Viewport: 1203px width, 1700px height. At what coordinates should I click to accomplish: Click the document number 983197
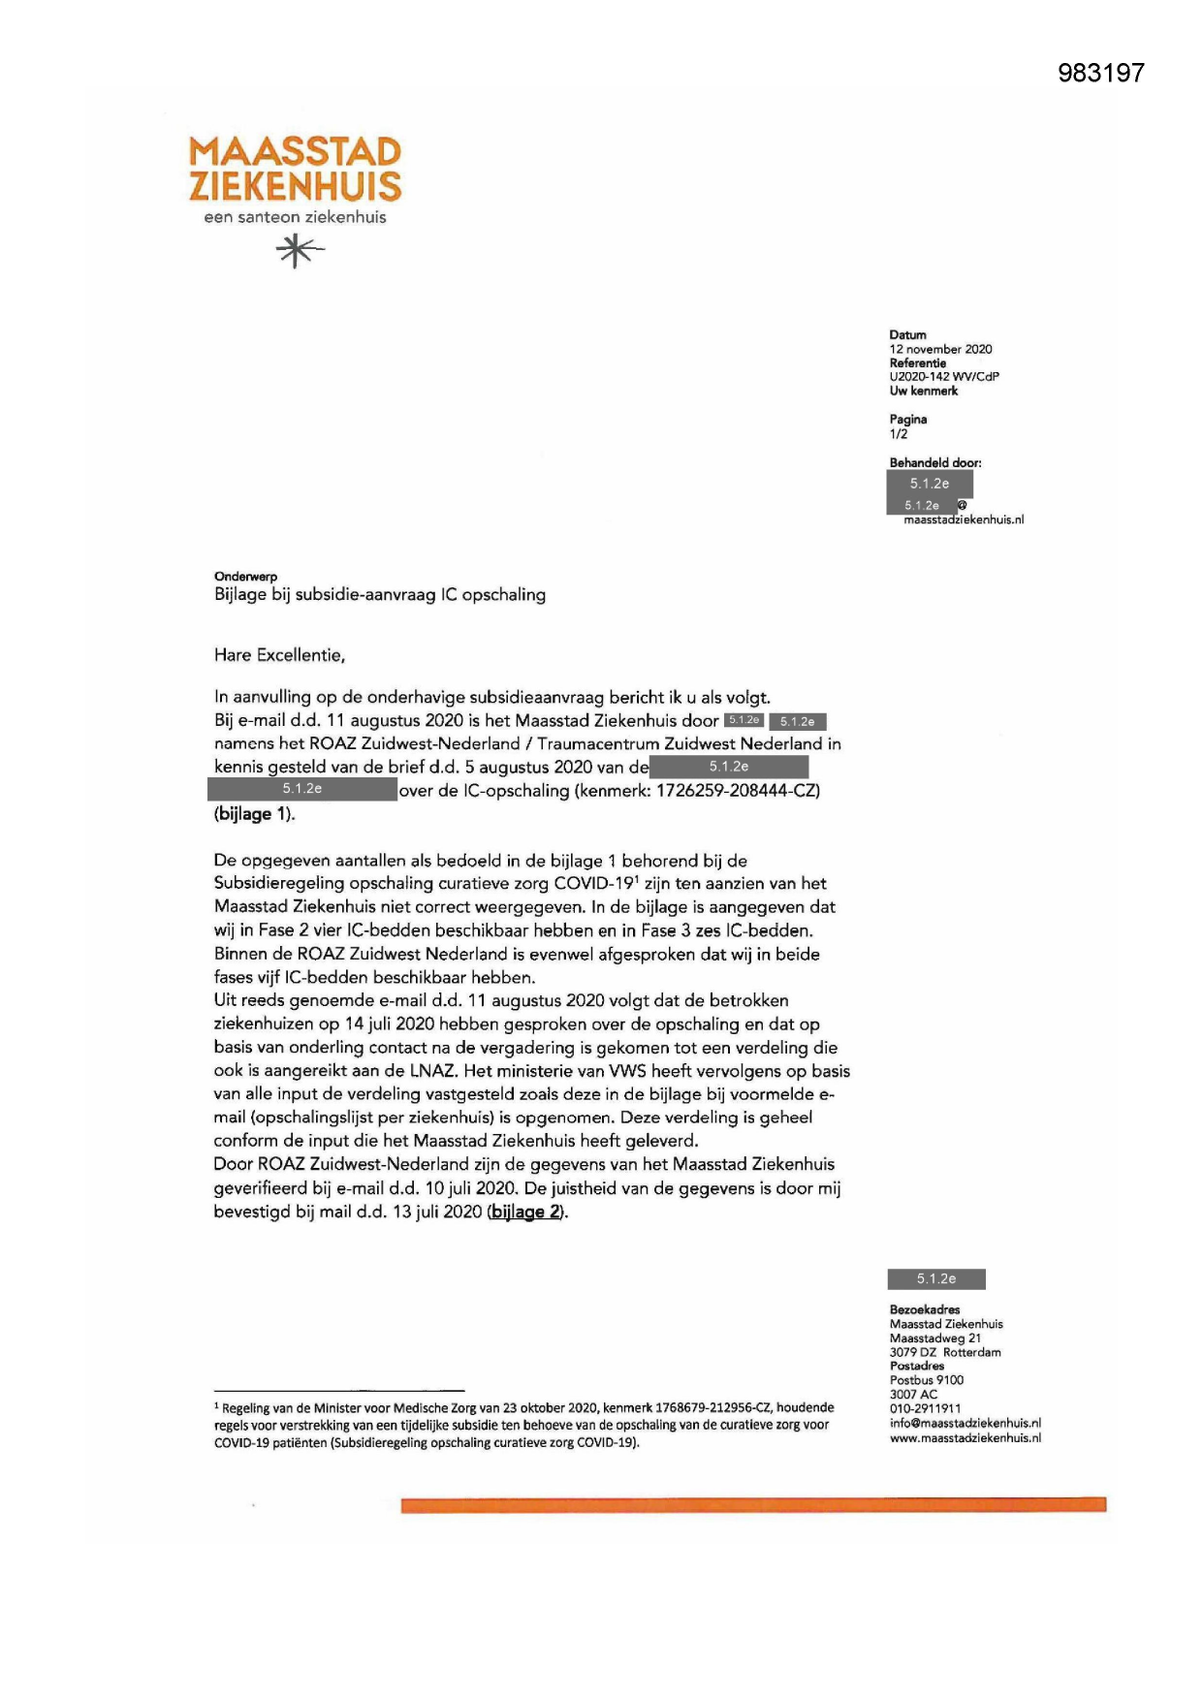pos(1100,73)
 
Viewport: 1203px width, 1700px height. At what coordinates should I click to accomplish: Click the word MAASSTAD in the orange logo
pos(295,152)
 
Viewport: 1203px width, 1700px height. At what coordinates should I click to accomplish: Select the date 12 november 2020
pos(940,349)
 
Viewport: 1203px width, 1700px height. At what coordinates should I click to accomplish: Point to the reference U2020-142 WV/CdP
pos(943,377)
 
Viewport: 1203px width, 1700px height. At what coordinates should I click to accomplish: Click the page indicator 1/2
pos(899,434)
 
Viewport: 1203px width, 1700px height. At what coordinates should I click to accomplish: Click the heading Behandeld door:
pos(934,463)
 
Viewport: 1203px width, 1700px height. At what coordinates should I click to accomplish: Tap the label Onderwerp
pos(245,577)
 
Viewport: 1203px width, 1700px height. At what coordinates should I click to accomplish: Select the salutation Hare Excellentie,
pos(279,655)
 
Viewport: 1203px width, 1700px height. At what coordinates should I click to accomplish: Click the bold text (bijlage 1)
pos(254,814)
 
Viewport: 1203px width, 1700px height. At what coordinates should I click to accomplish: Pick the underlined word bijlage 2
pos(526,1212)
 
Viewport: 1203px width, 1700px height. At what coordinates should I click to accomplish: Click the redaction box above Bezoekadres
pos(935,1279)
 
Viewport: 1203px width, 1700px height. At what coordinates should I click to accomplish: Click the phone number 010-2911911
pos(925,1408)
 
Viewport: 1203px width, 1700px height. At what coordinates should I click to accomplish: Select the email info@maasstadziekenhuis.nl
pos(965,1423)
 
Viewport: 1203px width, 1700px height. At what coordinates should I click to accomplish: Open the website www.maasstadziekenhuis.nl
pos(965,1437)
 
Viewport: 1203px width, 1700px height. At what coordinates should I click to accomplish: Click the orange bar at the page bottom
pos(752,1504)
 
